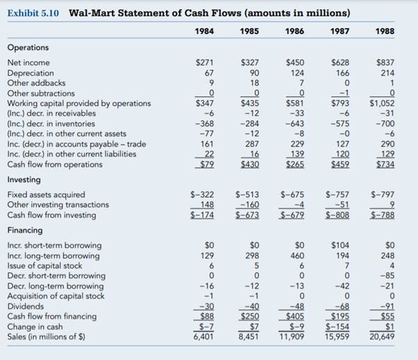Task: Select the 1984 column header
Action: [202, 31]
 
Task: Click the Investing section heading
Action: [24, 179]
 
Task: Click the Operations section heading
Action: [28, 47]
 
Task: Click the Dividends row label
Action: [26, 305]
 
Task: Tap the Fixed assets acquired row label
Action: [46, 195]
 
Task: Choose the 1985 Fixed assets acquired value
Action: [249, 195]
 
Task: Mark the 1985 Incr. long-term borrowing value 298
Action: [251, 255]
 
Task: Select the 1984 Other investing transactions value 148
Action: [204, 205]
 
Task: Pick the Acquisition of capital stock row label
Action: [55, 295]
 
